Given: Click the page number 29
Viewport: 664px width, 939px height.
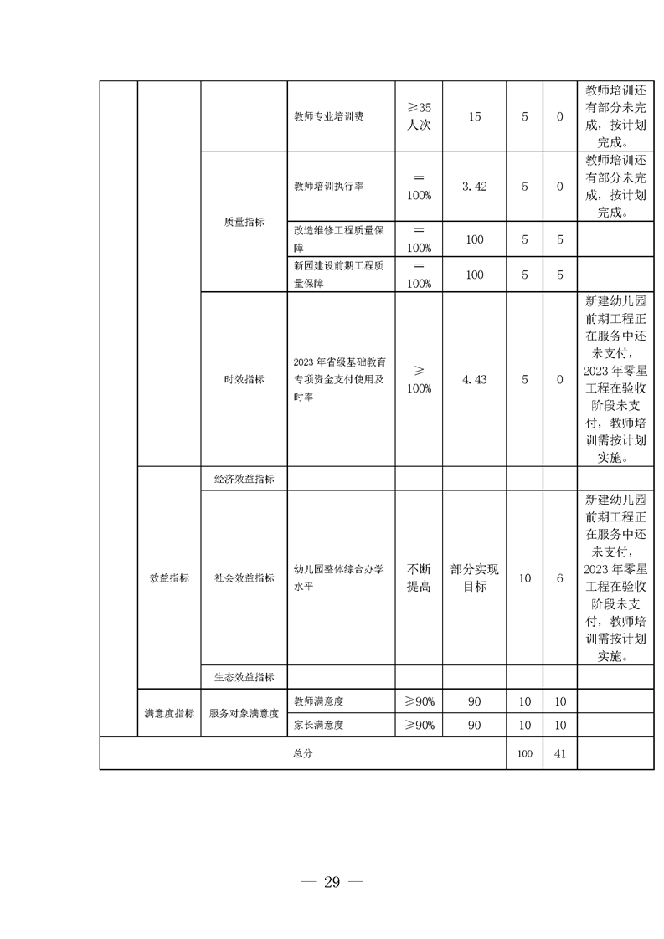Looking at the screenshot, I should pyautogui.click(x=332, y=882).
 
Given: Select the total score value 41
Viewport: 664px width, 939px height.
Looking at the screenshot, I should pyautogui.click(x=560, y=753).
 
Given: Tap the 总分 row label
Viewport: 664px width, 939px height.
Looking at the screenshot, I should pyautogui.click(x=302, y=753).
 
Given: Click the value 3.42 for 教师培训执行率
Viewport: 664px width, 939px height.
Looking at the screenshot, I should pyautogui.click(x=474, y=186).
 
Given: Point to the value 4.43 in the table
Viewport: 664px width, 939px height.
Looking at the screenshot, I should pyautogui.click(x=474, y=379).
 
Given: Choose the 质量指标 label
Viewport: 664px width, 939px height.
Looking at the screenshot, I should pyautogui.click(x=244, y=222).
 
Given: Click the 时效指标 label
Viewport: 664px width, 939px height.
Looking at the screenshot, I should pyautogui.click(x=244, y=379).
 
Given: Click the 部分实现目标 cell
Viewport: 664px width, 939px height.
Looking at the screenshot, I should pyautogui.click(x=474, y=577).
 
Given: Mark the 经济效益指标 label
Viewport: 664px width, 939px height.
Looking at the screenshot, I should pyautogui.click(x=244, y=479).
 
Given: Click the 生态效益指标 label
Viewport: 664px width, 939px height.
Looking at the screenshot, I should pyautogui.click(x=244, y=676).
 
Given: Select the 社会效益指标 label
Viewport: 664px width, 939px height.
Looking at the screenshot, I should pyautogui.click(x=244, y=577).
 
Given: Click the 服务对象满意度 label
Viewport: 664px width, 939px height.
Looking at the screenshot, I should pyautogui.click(x=244, y=713).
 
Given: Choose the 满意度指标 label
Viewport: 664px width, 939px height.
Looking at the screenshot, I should pyautogui.click(x=169, y=713).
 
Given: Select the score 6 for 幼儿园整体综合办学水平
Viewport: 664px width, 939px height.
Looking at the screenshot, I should pyautogui.click(x=560, y=577).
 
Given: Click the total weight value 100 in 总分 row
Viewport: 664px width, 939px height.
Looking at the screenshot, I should pyautogui.click(x=524, y=753).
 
